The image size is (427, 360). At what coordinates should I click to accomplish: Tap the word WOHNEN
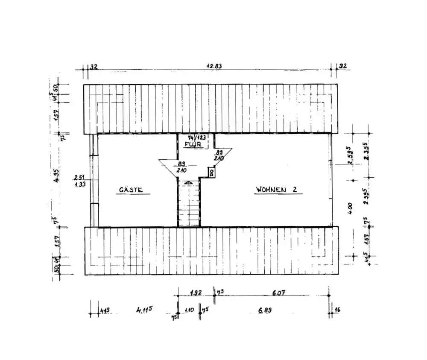tap(271, 189)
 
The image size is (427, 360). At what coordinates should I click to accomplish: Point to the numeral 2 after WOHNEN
tap(295, 189)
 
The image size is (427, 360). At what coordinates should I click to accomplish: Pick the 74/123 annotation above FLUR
tap(197, 138)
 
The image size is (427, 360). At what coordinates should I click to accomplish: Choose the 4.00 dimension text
tap(350, 208)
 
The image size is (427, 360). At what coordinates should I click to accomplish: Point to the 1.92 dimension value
tap(195, 293)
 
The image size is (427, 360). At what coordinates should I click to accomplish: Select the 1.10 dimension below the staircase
tap(188, 310)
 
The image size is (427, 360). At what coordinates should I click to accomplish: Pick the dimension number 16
tap(337, 310)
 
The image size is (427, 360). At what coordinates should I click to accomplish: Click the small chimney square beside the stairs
tap(211, 172)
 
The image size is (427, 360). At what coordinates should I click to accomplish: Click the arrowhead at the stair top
tap(189, 182)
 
